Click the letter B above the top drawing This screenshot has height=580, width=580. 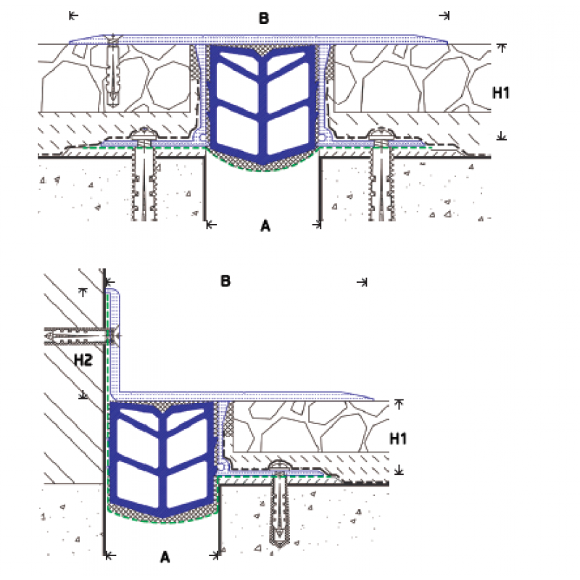point(264,18)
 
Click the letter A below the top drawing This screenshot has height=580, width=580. point(265,226)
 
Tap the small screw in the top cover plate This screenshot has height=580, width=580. point(113,69)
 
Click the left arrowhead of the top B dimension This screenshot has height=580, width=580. point(71,14)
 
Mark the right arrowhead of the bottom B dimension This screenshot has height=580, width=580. point(363,281)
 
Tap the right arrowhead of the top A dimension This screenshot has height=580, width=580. point(317,225)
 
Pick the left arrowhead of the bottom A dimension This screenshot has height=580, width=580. point(109,555)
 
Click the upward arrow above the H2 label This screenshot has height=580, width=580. point(83,291)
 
